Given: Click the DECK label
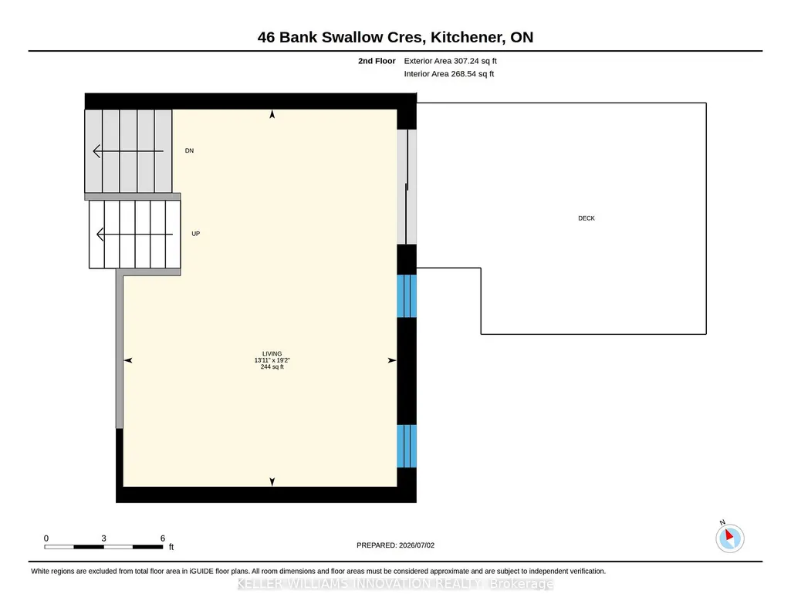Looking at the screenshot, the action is pos(586,218).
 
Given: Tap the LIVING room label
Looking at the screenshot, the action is pos(272,354).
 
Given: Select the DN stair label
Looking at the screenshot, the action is pos(189,150).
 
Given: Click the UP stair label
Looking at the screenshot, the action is pos(196,234).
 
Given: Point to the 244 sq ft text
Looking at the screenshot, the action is pos(272,367).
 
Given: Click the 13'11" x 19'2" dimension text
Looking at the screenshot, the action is pos(272,360).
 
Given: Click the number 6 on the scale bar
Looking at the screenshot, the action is pos(162,538).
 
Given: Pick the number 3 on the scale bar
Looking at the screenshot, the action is pos(103,538).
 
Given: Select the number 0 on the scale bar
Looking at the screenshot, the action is pos(46,538).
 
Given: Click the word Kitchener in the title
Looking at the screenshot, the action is pos(468,37).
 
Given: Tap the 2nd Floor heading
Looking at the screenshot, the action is pos(377,61).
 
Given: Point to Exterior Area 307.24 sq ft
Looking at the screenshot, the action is pos(451,61).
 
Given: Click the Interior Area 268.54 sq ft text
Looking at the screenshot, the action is pos(449,73).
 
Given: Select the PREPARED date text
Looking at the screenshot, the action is pos(395,545).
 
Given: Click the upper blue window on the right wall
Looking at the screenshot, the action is pos(407,296).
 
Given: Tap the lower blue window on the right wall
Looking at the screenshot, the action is pos(407,446).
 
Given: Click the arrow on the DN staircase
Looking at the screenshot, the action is pos(128,150).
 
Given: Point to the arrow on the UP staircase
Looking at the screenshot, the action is pos(135,234).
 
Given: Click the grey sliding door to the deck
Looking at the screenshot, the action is pos(407,187).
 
